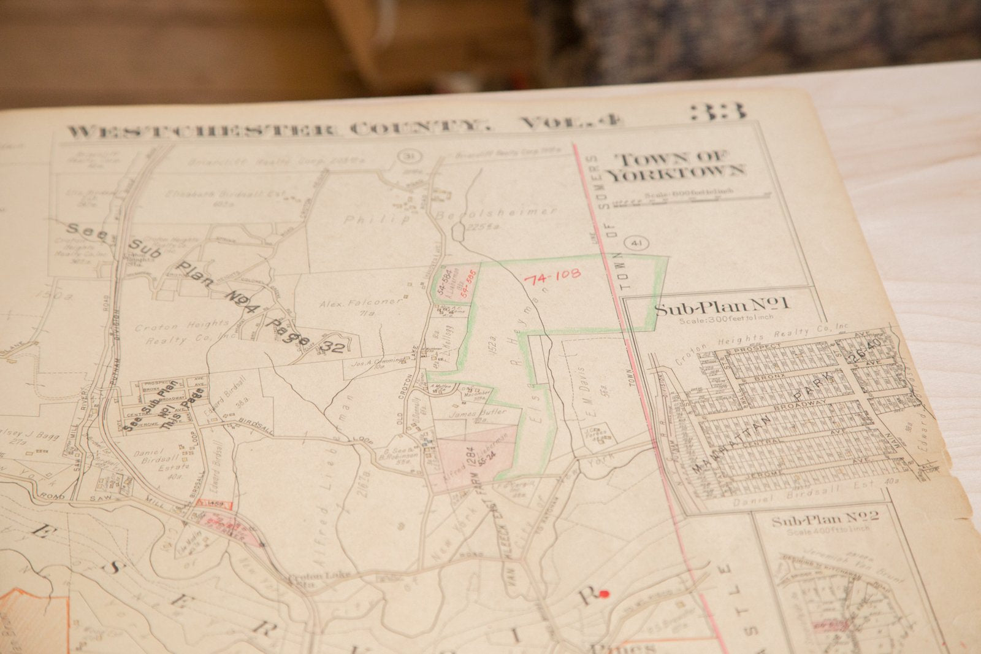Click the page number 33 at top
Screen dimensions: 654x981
(719, 112)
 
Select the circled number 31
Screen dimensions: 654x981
(406, 156)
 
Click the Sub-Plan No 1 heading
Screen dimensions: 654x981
(722, 307)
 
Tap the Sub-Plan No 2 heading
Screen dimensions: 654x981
(825, 520)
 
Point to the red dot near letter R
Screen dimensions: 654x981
(604, 593)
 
